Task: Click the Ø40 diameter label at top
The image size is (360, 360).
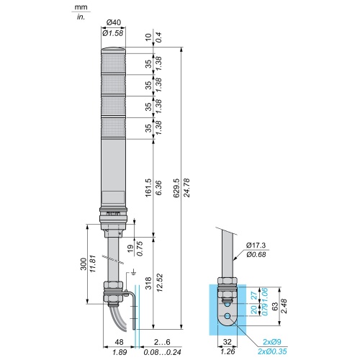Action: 114,22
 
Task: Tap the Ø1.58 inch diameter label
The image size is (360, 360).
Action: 113,33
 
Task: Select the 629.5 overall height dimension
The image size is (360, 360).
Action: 176,188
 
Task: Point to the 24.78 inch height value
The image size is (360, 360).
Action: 186,188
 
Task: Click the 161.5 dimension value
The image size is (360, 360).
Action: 148,188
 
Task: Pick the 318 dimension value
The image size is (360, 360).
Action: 148,283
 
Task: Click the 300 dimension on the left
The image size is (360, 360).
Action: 84,264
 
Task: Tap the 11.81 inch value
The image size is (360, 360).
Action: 93,264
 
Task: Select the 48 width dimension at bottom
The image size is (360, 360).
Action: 120,342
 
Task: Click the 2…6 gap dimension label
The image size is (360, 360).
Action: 162,342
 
